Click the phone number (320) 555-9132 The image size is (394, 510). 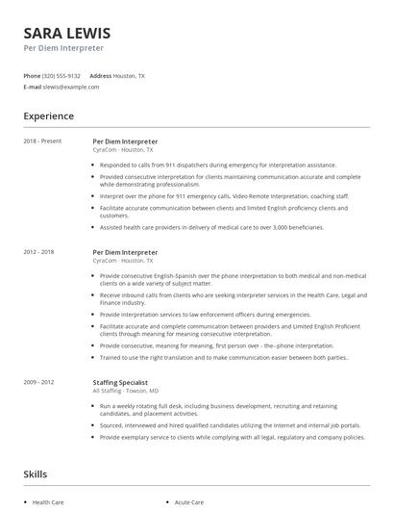tap(62, 75)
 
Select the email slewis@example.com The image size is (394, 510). tap(70, 87)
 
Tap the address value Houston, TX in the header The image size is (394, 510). tap(130, 75)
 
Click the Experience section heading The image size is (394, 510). tap(49, 116)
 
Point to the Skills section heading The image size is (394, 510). tap(35, 474)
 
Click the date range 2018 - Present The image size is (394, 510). tap(42, 141)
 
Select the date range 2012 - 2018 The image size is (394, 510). tap(39, 252)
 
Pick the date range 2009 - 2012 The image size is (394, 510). tap(39, 382)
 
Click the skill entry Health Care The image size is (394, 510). tap(48, 502)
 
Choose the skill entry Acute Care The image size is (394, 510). tap(189, 502)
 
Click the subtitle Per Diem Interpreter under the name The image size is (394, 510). tap(63, 48)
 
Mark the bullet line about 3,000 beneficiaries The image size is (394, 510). tap(211, 227)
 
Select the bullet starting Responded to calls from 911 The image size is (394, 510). tap(217, 165)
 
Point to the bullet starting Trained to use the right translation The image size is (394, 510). tap(224, 358)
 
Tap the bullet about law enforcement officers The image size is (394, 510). tap(204, 314)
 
